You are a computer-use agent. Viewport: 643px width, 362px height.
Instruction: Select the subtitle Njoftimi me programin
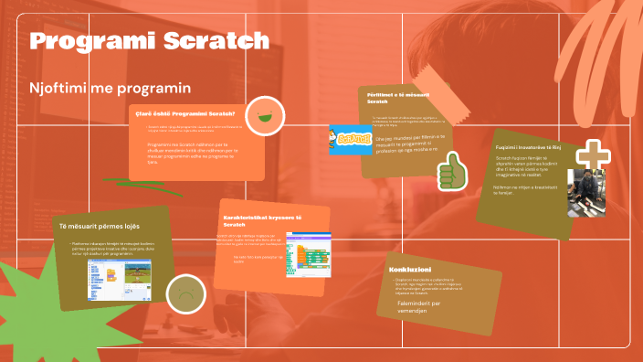pyautogui.click(x=110, y=89)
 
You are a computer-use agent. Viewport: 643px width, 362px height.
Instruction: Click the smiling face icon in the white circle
pyautogui.click(x=266, y=115)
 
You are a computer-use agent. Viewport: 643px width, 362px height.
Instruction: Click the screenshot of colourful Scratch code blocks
pyautogui.click(x=307, y=252)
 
